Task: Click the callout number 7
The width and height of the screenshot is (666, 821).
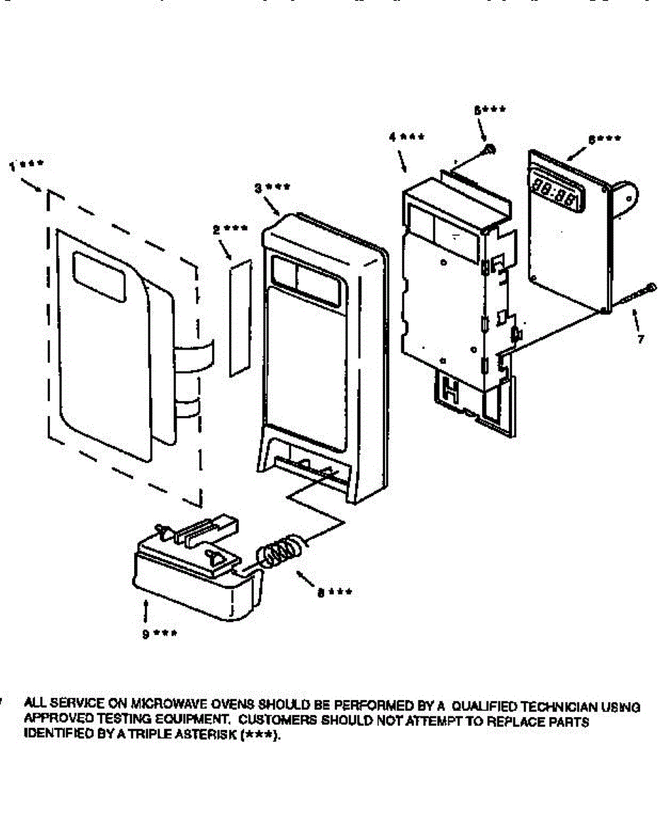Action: click(640, 339)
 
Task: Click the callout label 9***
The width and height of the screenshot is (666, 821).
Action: click(159, 634)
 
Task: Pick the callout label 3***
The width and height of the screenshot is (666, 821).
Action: click(270, 187)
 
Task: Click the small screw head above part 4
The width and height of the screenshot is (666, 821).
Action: click(490, 149)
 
